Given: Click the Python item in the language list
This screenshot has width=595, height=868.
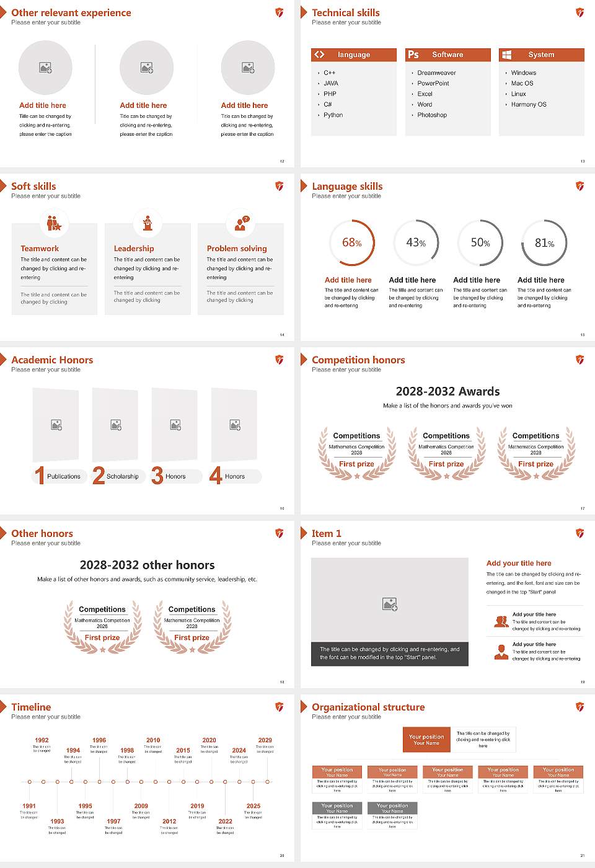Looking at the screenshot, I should (x=333, y=115).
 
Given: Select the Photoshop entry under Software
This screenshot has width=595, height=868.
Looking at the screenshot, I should (x=432, y=115).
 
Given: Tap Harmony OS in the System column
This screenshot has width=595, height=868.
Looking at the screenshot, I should (x=529, y=105).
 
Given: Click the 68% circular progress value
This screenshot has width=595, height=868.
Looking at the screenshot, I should (x=352, y=243).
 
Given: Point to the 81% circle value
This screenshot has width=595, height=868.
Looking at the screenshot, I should (x=544, y=243).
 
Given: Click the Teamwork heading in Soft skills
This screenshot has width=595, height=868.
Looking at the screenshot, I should (x=40, y=249).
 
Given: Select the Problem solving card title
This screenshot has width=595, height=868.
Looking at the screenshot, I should (x=237, y=249).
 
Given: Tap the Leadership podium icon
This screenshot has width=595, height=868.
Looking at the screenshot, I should (x=148, y=223).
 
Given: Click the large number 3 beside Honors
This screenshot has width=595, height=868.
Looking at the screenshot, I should (x=157, y=476).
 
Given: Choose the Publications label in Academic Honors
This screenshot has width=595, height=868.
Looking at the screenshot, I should (x=64, y=477).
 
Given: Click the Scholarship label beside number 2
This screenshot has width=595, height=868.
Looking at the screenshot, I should (x=122, y=477).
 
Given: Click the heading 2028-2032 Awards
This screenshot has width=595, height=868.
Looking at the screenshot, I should (x=447, y=392).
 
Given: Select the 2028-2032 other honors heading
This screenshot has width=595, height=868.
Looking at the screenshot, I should (x=147, y=565).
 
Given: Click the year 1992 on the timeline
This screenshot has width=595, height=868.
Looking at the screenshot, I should (x=42, y=740).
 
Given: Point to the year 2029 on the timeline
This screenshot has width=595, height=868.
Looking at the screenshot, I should (x=265, y=740).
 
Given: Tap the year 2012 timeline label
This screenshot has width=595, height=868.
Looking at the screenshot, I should (x=169, y=821).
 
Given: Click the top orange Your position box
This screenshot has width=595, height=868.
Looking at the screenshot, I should (x=426, y=740).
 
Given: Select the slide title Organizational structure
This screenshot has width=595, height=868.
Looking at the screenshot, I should (x=368, y=707).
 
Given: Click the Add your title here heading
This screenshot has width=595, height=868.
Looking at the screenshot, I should (x=519, y=564).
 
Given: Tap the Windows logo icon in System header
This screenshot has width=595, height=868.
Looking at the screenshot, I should (x=506, y=55).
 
